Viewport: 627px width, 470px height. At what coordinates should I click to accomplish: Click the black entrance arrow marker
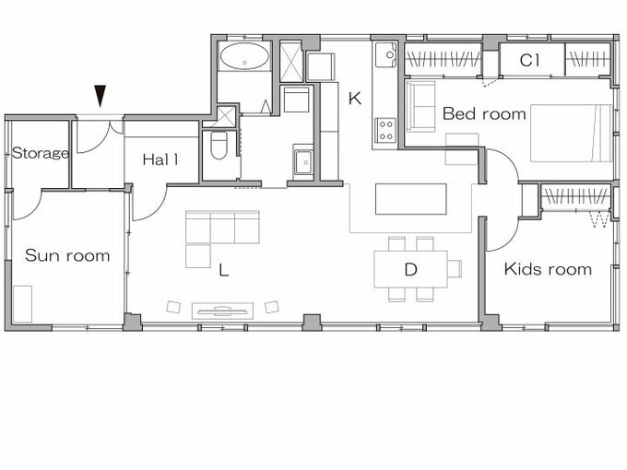pyautogui.click(x=100, y=96)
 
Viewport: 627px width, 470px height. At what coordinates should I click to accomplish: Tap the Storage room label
pyautogui.click(x=41, y=153)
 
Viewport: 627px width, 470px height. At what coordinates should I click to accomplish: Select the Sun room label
pyautogui.click(x=67, y=255)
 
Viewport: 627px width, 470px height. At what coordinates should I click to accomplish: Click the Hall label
pyautogui.click(x=160, y=159)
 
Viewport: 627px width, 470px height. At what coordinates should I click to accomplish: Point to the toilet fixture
pyautogui.click(x=219, y=146)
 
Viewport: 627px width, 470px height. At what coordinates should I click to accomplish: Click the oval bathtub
pyautogui.click(x=244, y=56)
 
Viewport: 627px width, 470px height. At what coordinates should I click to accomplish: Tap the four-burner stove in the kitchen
pyautogui.click(x=385, y=130)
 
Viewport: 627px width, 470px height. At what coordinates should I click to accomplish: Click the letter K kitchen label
pyautogui.click(x=355, y=98)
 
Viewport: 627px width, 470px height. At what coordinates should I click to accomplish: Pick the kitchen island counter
pyautogui.click(x=410, y=199)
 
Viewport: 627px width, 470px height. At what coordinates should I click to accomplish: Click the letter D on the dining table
pyautogui.click(x=410, y=270)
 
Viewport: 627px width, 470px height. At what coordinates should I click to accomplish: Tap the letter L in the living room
pyautogui.click(x=224, y=270)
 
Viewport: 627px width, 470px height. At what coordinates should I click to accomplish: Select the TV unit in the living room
pyautogui.click(x=222, y=311)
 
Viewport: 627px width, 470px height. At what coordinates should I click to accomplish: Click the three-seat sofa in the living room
pyautogui.click(x=222, y=227)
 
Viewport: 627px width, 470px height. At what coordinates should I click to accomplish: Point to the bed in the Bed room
pyautogui.click(x=571, y=133)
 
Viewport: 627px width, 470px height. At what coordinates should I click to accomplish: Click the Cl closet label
pyautogui.click(x=529, y=60)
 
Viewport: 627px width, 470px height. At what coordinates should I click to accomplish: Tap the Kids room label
pyautogui.click(x=548, y=269)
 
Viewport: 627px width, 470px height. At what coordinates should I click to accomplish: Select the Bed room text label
pyautogui.click(x=484, y=114)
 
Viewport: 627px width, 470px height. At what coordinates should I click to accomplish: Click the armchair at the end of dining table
pyautogui.click(x=455, y=268)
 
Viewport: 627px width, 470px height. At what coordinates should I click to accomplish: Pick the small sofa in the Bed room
pyautogui.click(x=420, y=106)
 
